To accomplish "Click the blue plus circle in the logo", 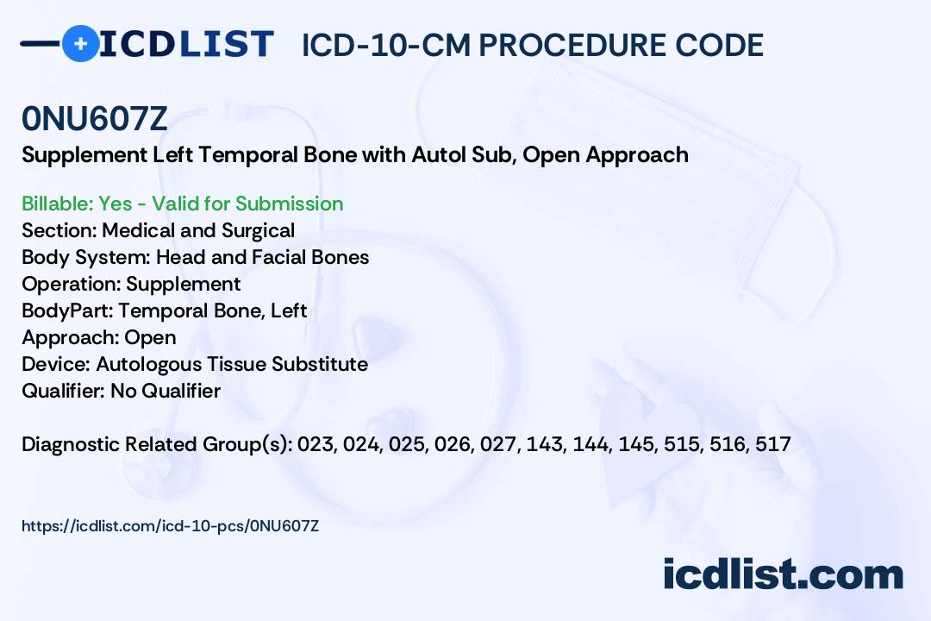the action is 80,43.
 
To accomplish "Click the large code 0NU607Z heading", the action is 95,119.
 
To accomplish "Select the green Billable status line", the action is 182,204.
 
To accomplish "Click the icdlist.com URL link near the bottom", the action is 171,526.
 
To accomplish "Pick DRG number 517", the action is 773,444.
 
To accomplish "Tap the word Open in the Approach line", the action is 150,338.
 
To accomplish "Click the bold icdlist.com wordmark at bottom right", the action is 783,574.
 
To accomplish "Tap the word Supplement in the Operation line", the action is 184,285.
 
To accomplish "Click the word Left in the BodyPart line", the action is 289,310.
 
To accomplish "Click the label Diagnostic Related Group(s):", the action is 157,444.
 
